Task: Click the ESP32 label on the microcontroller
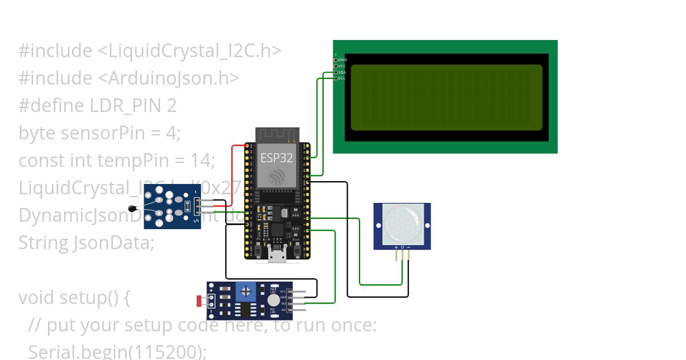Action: pos(277,157)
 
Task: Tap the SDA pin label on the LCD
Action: pos(342,73)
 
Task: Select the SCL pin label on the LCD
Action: pos(342,78)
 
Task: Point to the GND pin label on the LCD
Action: pos(342,60)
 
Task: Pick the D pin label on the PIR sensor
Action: pos(402,247)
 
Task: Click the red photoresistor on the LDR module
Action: pos(200,300)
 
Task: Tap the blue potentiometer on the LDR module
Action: pos(246,292)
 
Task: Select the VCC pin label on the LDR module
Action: pos(283,291)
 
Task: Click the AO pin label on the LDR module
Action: pos(283,309)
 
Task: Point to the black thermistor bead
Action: pos(133,208)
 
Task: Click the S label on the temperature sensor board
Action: pos(197,220)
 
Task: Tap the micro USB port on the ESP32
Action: pos(278,255)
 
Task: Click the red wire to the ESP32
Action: pos(232,171)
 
